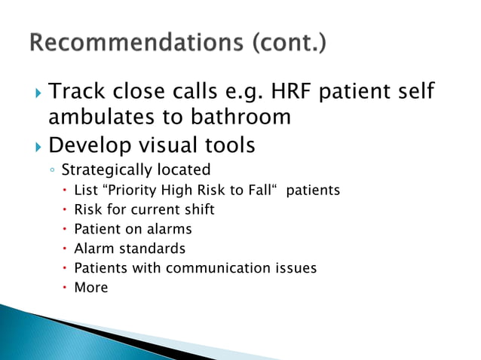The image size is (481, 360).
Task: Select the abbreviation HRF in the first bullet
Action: point(302,93)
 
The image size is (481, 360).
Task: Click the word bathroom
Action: point(245,117)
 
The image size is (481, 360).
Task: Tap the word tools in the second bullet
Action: point(229,143)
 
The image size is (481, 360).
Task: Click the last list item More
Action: point(90,288)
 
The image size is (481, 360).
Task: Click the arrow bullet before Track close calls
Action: point(39,93)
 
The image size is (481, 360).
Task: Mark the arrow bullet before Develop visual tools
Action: point(39,144)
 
